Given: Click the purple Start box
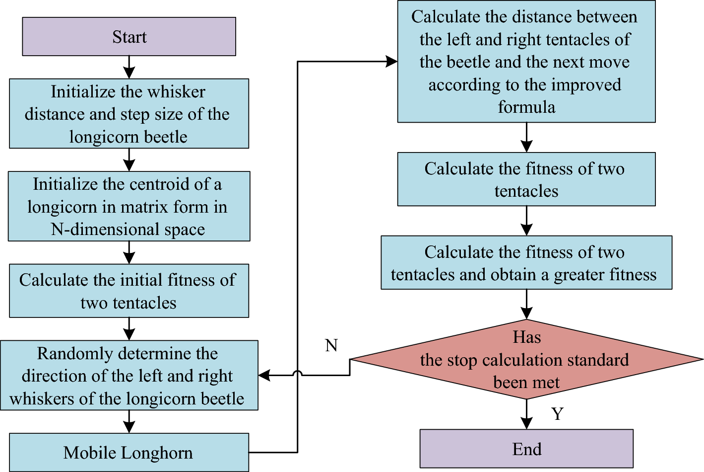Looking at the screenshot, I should (x=129, y=37).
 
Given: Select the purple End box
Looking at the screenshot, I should (x=526, y=449).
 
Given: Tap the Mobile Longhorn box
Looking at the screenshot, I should (x=128, y=453).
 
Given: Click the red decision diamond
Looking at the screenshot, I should (x=526, y=360).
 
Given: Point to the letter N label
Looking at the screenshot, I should (x=331, y=345).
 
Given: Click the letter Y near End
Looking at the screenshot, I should (x=558, y=414).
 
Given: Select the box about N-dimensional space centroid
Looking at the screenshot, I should (x=129, y=207).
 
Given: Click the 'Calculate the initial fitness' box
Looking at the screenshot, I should (x=129, y=291).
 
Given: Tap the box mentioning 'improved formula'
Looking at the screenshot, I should (x=526, y=62).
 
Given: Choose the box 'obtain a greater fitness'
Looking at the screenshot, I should (x=526, y=263).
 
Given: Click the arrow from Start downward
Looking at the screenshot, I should (x=129, y=67).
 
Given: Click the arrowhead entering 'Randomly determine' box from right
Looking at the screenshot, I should (x=264, y=375).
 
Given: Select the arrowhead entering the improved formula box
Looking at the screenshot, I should (x=391, y=62).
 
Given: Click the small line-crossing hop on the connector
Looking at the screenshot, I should (x=298, y=374).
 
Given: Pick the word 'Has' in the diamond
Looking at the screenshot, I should (x=526, y=337).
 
